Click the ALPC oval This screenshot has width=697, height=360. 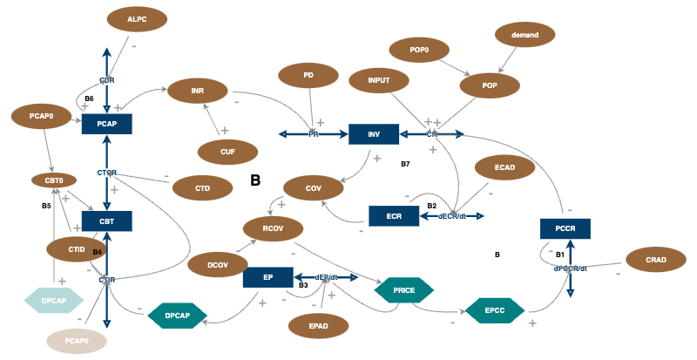[x=136, y=19]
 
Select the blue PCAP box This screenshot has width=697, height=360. [x=106, y=125]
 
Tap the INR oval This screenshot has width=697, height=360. [x=198, y=90]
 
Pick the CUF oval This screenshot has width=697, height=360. [x=227, y=152]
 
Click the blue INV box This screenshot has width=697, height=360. [x=374, y=134]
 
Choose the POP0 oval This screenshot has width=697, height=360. [x=419, y=50]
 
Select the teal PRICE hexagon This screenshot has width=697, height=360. [x=403, y=289]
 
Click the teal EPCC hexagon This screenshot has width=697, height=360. [x=495, y=309]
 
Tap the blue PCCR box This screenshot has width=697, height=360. [x=565, y=229]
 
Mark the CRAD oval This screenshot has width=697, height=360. [x=656, y=261]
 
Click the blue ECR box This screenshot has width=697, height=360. [x=394, y=216]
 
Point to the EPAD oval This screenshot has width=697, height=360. [x=318, y=326]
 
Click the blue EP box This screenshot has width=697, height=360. [x=267, y=277]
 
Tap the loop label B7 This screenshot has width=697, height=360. [x=405, y=164]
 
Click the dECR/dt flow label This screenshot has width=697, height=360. [x=451, y=216]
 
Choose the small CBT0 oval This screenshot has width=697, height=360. [x=49, y=180]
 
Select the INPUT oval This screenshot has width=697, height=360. [x=379, y=81]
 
